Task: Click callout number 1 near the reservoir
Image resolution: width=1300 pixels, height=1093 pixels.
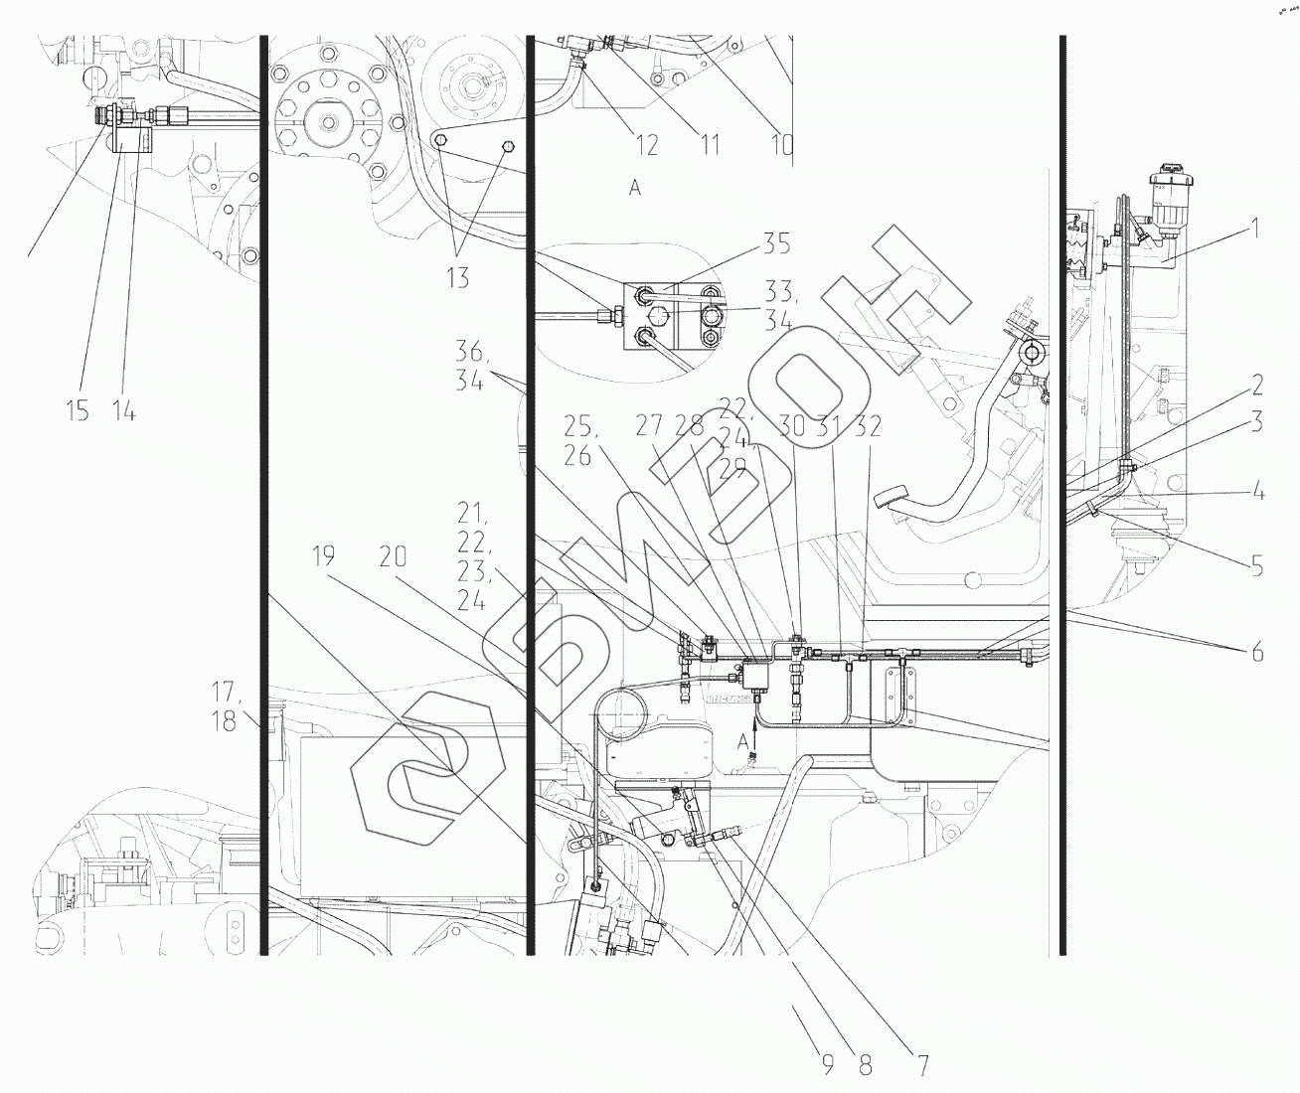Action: coord(1254,230)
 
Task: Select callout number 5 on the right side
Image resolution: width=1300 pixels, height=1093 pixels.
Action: coord(1256,567)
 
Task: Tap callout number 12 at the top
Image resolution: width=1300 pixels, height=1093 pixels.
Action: coord(646,146)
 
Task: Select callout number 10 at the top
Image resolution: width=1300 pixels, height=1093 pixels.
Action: coord(781,146)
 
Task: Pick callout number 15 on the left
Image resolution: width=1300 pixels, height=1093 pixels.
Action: coord(78,410)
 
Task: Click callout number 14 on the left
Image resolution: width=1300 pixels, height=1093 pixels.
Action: coord(123,410)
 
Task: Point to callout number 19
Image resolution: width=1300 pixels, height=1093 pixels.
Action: coord(322,557)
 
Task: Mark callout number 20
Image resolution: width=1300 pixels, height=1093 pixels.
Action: coord(393,557)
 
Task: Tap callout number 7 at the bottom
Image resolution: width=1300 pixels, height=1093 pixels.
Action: coord(922,1066)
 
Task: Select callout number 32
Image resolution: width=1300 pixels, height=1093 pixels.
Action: coord(868,426)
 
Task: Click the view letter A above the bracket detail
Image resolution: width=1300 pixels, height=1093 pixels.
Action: coord(634,188)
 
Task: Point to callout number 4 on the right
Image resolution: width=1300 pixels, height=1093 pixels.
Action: coord(1256,492)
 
